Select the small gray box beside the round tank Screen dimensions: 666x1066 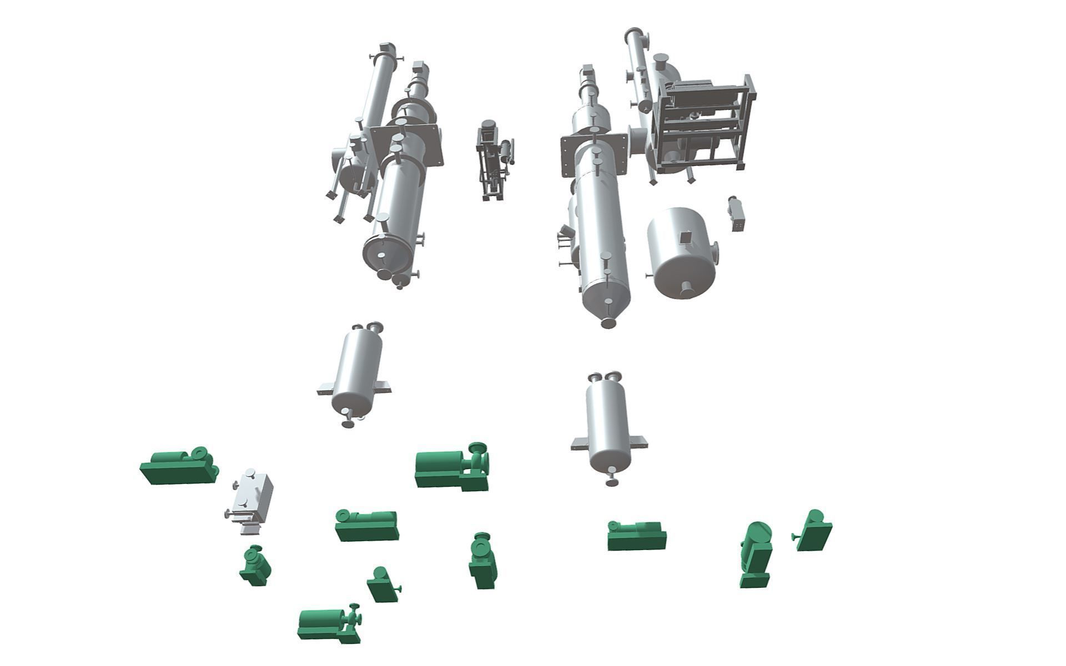(737, 215)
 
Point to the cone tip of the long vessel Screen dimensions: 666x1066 (609, 322)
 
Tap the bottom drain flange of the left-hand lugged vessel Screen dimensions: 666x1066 (348, 424)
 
